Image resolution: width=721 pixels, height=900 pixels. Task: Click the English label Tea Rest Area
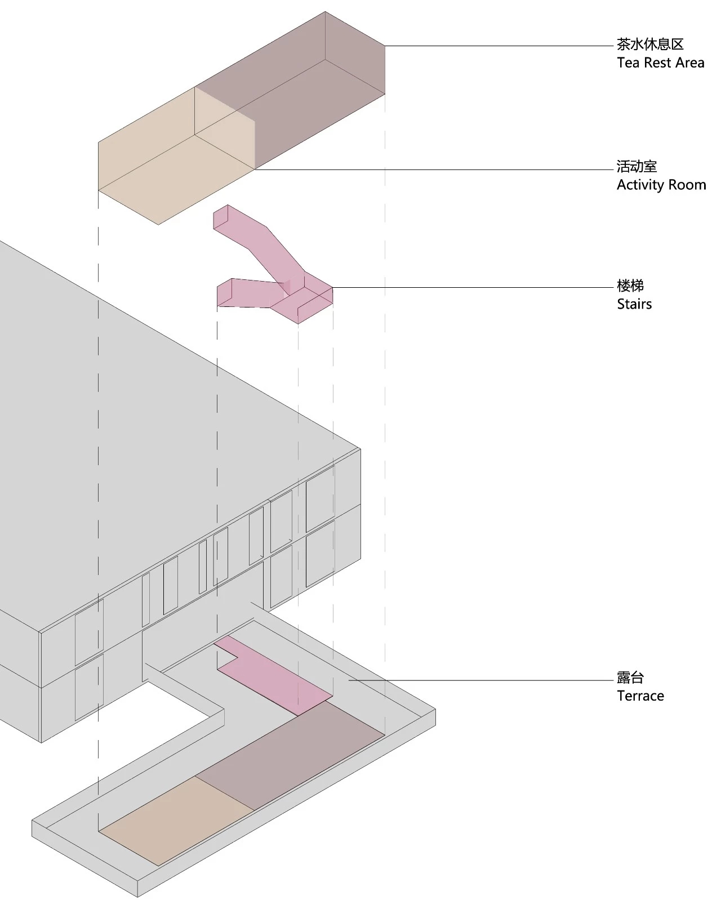click(x=660, y=63)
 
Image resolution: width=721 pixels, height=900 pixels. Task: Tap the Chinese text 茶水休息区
click(x=650, y=44)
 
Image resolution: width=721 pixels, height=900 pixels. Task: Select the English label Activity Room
click(x=661, y=185)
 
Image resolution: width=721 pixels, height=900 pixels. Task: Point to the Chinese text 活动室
click(x=637, y=167)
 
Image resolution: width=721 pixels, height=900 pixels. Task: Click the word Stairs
click(x=634, y=304)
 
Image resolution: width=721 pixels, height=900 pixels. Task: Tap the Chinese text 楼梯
click(x=630, y=286)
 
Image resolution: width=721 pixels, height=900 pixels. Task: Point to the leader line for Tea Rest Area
click(x=499, y=46)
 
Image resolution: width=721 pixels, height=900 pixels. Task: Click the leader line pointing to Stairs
click(x=473, y=288)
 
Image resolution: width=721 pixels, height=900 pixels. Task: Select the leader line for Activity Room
click(x=434, y=170)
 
